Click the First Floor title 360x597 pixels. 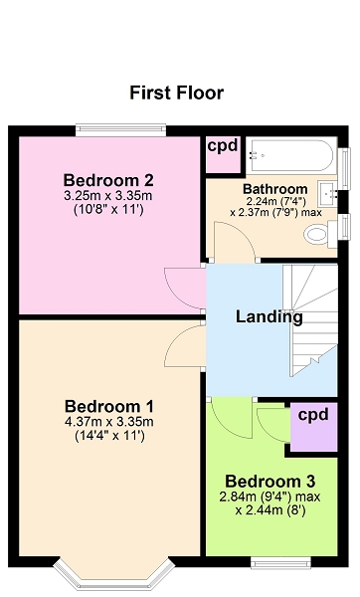pos(177,93)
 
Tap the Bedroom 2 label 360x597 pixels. pos(108,180)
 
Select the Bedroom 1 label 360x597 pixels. pos(109,406)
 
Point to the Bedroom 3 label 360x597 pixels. pos(270,482)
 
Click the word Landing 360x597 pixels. pos(270,317)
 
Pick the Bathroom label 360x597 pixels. pos(275,188)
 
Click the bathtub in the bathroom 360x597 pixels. pos(291,155)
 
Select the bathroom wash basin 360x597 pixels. pos(328,193)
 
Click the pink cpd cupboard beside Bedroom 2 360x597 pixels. pos(223,155)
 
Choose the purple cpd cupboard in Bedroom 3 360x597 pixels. pos(314,427)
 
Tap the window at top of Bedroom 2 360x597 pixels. pos(120,129)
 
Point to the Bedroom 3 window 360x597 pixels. pos(280,563)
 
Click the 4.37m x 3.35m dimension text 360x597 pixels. pos(108,422)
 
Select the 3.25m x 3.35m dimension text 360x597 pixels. pos(108,196)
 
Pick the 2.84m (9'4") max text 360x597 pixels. pos(270,497)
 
